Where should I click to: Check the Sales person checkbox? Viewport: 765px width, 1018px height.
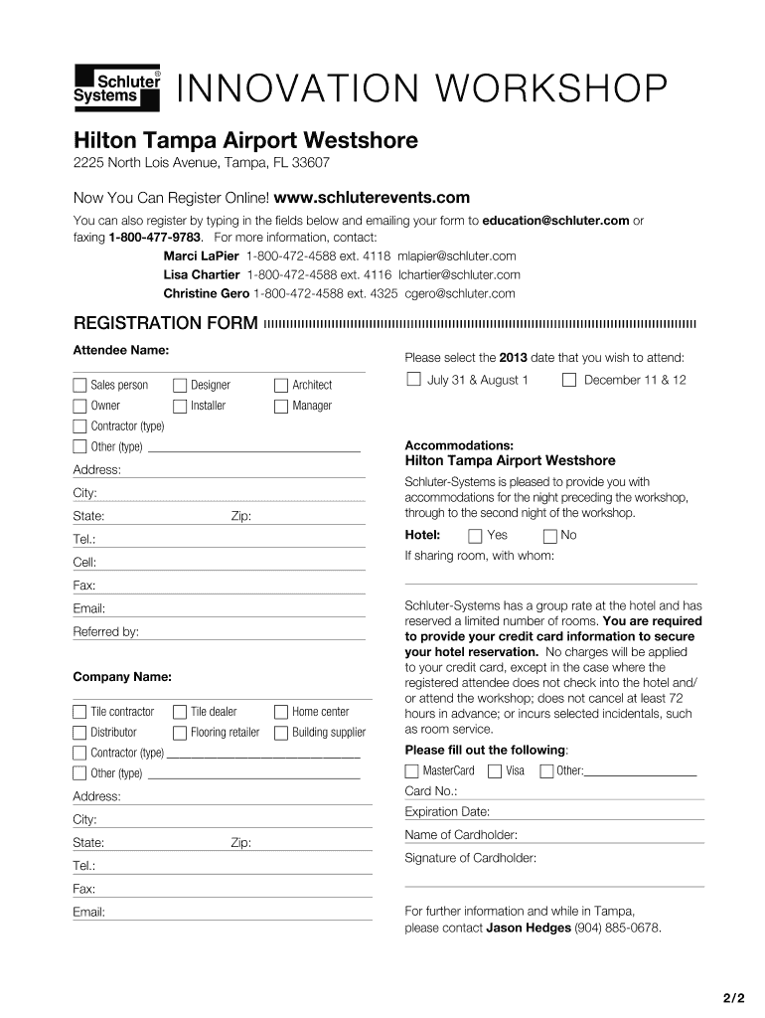tap(79, 385)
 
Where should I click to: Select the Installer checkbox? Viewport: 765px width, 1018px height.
tap(180, 406)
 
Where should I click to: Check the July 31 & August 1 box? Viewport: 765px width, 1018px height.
tap(413, 379)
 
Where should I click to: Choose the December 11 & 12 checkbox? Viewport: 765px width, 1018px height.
tap(569, 379)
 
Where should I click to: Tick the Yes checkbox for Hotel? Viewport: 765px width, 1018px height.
tap(475, 536)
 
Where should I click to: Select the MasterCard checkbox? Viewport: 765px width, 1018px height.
tap(412, 770)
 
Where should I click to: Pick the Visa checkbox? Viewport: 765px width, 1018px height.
tap(495, 770)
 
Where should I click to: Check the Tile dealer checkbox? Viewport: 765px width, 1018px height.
tap(180, 712)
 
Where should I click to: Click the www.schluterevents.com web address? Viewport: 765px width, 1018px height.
tap(372, 198)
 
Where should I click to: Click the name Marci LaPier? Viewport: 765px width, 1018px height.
tap(201, 255)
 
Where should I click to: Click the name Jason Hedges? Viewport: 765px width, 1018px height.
tap(529, 928)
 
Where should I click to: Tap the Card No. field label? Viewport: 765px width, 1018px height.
tap(431, 791)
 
